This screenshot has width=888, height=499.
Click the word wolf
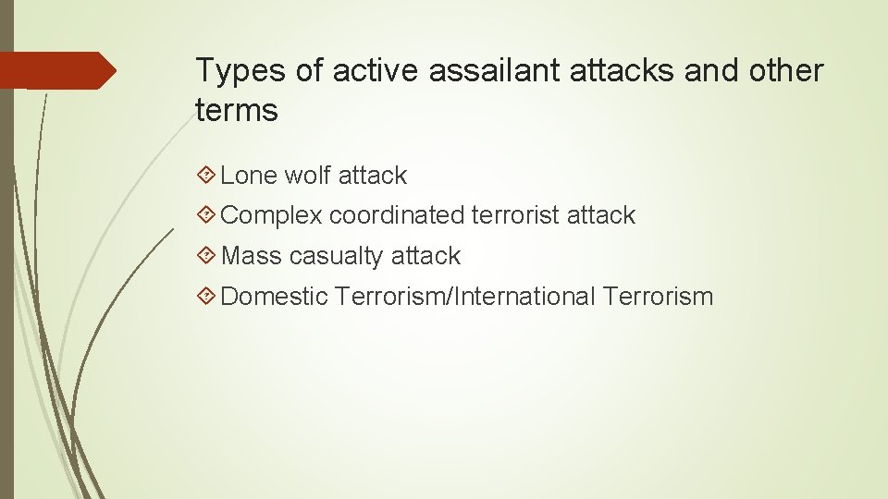(x=308, y=176)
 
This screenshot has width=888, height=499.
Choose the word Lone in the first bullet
(x=250, y=176)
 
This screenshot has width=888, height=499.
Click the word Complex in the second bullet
(x=272, y=215)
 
